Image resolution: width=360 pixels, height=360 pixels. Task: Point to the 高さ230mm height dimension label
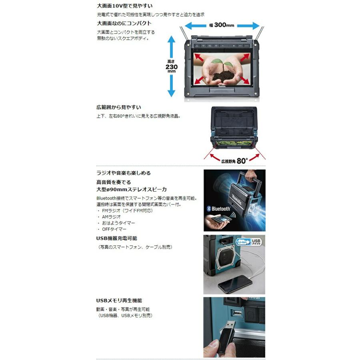click(x=171, y=66)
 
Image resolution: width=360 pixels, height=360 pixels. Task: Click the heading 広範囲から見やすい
click(x=118, y=107)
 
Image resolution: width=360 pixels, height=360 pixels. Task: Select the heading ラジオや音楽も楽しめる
click(x=124, y=173)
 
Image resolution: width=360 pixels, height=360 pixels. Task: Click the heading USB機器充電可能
click(x=119, y=238)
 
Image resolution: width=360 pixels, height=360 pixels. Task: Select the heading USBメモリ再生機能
click(x=119, y=300)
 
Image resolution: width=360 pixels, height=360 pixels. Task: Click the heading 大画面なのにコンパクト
click(x=124, y=23)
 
